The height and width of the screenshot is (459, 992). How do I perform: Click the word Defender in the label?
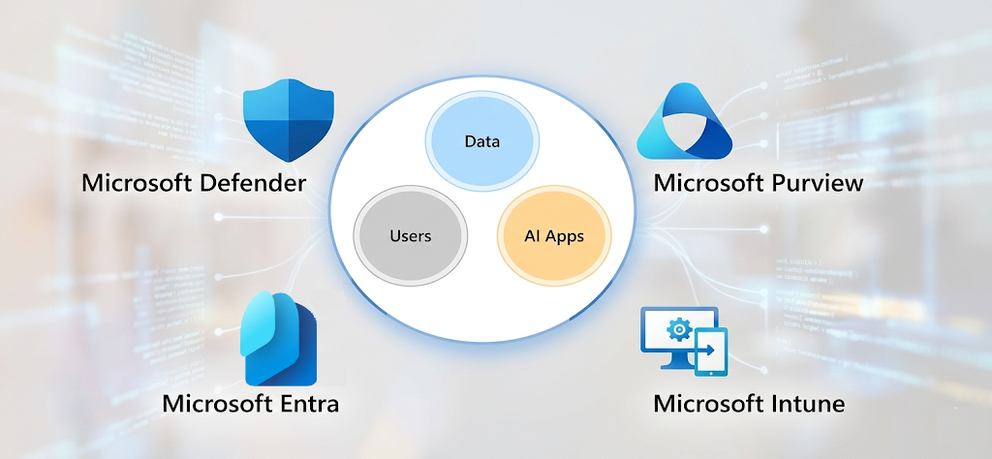pyautogui.click(x=252, y=182)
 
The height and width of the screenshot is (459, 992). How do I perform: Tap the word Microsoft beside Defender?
pyautogui.click(x=136, y=182)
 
